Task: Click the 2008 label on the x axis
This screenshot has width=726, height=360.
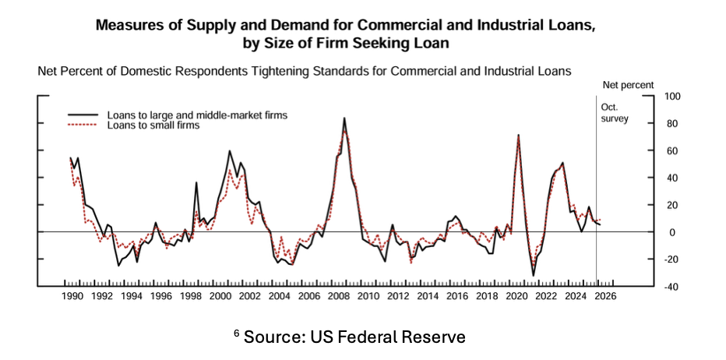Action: [339, 297]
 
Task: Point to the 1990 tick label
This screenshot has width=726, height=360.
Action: [72, 297]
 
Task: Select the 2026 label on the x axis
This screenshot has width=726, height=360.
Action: [605, 297]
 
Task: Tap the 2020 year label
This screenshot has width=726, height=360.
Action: [516, 297]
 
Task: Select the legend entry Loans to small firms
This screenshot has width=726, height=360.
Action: [153, 125]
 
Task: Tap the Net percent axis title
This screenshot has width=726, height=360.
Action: [629, 84]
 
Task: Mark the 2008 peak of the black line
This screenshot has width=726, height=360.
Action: [344, 118]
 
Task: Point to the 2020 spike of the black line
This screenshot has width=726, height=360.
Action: [519, 136]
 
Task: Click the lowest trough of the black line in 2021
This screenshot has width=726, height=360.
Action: [534, 274]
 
